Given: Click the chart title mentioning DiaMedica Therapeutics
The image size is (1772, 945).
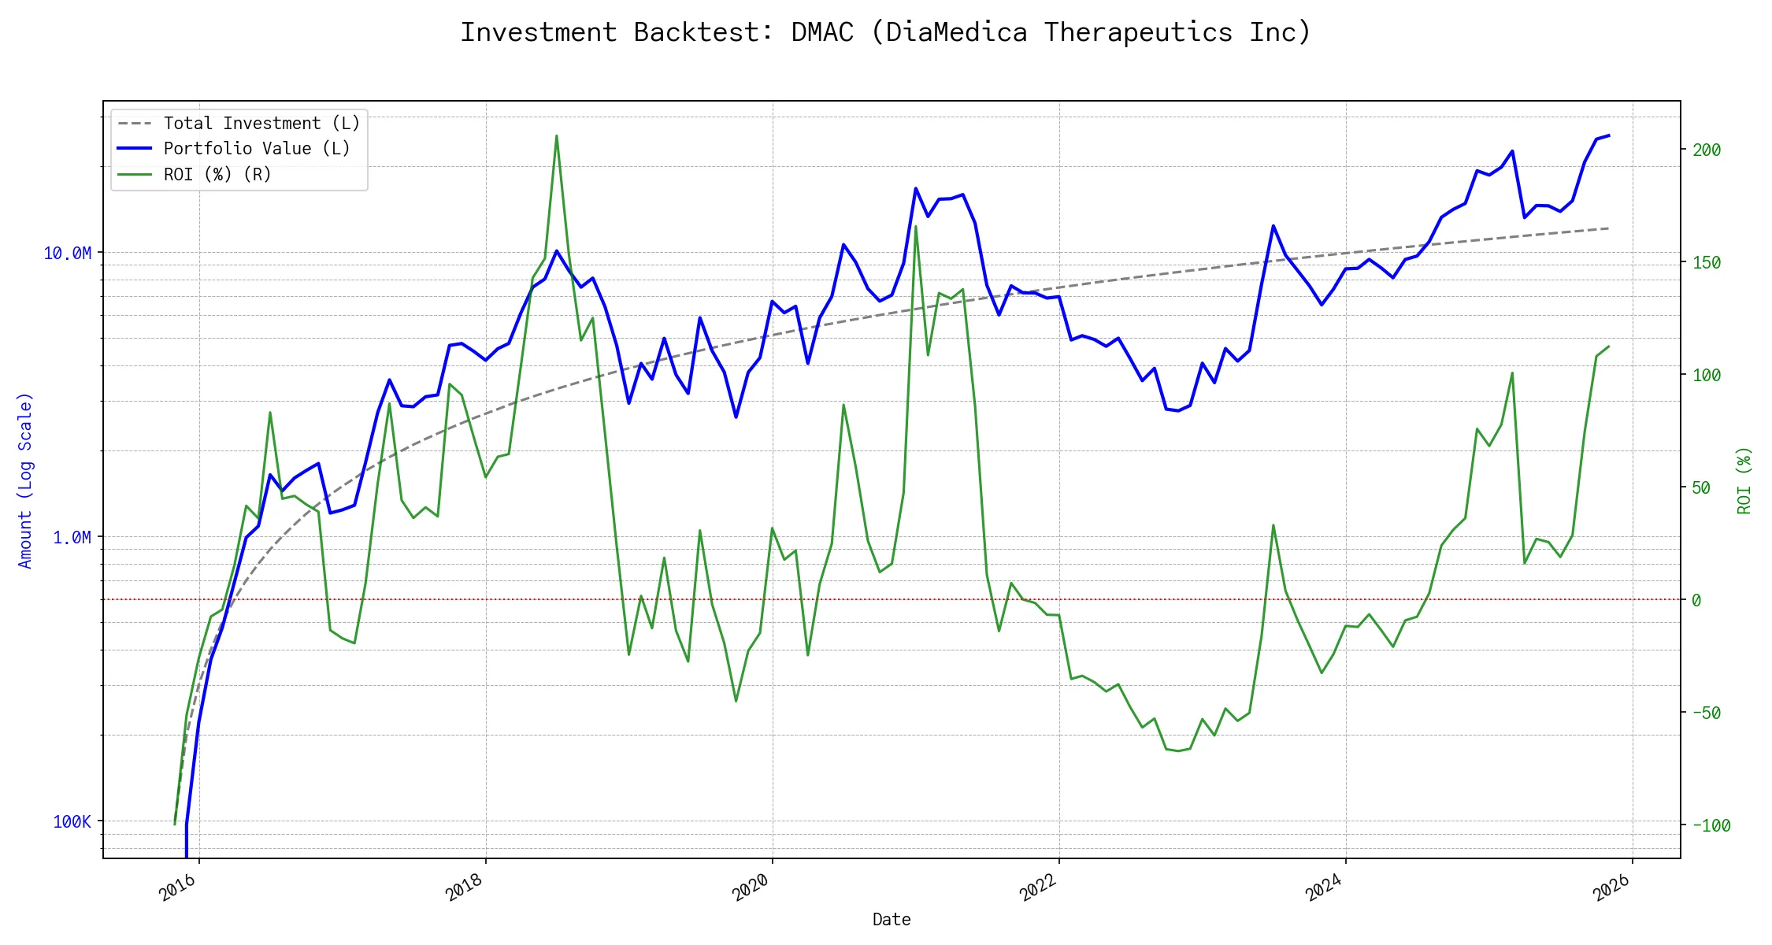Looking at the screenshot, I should coord(885,32).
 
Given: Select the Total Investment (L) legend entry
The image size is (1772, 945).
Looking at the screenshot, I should coord(261,124).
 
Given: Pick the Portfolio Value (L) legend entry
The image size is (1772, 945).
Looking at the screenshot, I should coord(257,149).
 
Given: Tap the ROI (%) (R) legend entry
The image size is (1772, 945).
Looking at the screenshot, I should coord(217,175).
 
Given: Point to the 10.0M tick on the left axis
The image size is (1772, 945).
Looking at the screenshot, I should coord(67,254).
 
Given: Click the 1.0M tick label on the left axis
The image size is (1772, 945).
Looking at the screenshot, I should coord(72,538).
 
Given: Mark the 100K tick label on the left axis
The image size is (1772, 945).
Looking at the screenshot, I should coord(72,822).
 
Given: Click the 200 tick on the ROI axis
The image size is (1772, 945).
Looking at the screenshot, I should coord(1707,150).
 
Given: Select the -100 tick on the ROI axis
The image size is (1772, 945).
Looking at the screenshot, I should coord(1711,826).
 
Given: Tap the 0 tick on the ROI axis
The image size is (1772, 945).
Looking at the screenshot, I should coord(1696,601).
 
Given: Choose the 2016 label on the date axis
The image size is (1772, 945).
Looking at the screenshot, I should coord(178,888).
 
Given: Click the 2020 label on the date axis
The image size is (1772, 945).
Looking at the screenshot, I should coord(751,888).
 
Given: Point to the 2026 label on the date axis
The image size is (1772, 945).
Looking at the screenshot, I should coord(1611,888).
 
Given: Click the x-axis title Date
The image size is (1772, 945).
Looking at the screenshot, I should coord(892,920).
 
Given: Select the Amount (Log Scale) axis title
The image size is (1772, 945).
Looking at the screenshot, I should coord(25,480).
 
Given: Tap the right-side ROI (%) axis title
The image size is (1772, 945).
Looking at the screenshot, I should coord(1744,480).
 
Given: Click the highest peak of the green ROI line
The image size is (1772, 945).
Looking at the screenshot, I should coord(556,135).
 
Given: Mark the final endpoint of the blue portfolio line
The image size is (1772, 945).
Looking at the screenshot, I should coord(1609,135).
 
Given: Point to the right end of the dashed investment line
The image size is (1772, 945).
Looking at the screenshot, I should coord(1609,228).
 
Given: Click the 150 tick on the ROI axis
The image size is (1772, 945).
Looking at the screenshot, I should coord(1707,263).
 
